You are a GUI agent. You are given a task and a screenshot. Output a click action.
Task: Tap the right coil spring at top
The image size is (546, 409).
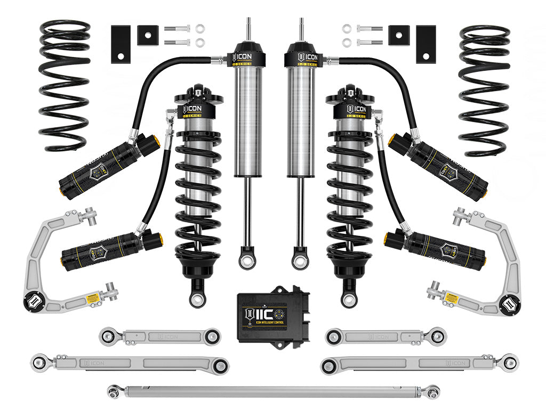[x=484, y=91]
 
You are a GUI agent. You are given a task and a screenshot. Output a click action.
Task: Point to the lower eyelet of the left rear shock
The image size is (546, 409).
[x=247, y=260]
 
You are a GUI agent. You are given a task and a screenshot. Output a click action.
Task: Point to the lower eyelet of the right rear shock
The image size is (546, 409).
[x=299, y=260]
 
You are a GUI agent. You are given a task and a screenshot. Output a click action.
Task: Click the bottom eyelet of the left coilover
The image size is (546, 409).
[x=197, y=299]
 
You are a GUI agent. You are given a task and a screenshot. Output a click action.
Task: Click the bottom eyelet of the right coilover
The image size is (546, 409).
[x=349, y=299]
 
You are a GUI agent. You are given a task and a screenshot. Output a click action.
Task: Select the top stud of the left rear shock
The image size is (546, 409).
[x=248, y=29]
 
